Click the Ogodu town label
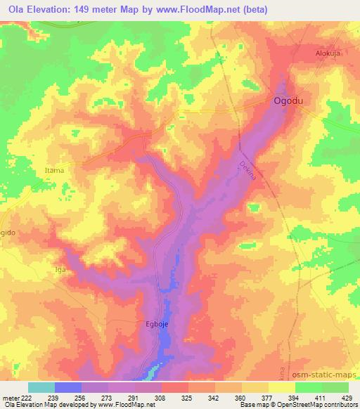point(288,101)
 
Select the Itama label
point(54,171)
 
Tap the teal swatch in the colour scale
point(41,387)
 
